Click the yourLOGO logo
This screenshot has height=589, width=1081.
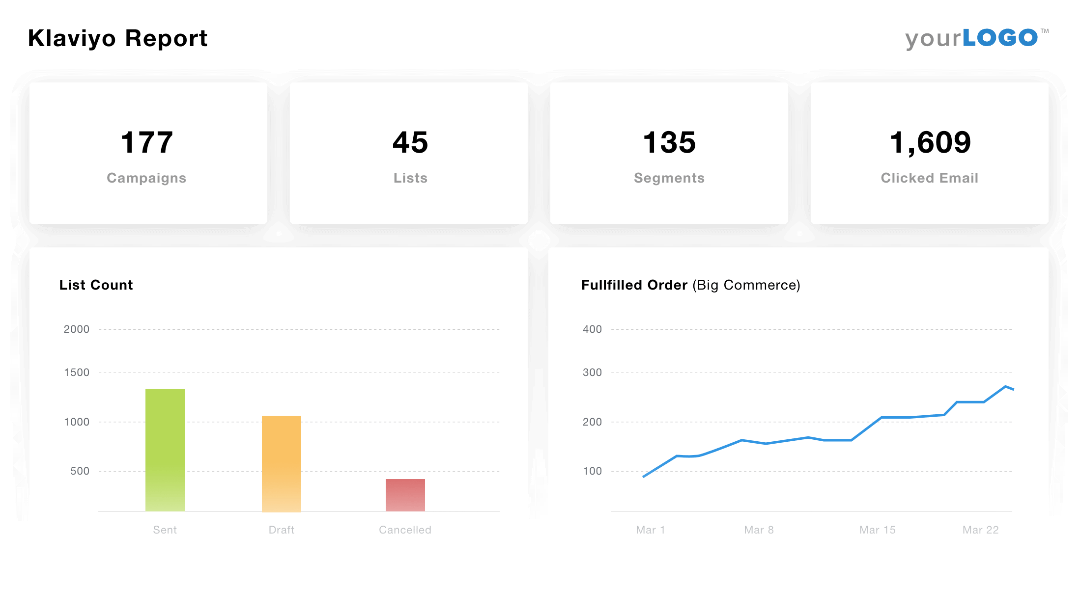[976, 38]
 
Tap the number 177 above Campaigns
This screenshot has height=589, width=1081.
[146, 142]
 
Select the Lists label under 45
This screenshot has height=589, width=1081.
[410, 178]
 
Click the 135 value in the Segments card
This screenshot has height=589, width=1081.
[669, 142]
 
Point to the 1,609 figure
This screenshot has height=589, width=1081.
[930, 142]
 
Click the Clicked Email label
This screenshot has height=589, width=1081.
[929, 178]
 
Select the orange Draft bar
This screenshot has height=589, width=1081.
[282, 463]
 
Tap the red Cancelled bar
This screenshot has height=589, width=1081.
[405, 495]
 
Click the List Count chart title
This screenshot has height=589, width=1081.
[96, 285]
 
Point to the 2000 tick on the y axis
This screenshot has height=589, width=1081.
[77, 329]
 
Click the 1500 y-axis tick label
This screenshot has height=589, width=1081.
[77, 373]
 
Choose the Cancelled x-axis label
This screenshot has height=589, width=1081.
[405, 530]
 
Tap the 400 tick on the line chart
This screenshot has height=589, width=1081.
[592, 329]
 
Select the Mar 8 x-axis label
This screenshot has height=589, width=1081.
[759, 530]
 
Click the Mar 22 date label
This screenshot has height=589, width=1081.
[980, 530]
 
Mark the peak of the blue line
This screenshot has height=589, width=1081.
[1005, 387]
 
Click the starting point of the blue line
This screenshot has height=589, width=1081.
[644, 477]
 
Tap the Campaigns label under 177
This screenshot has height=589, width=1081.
[146, 178]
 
